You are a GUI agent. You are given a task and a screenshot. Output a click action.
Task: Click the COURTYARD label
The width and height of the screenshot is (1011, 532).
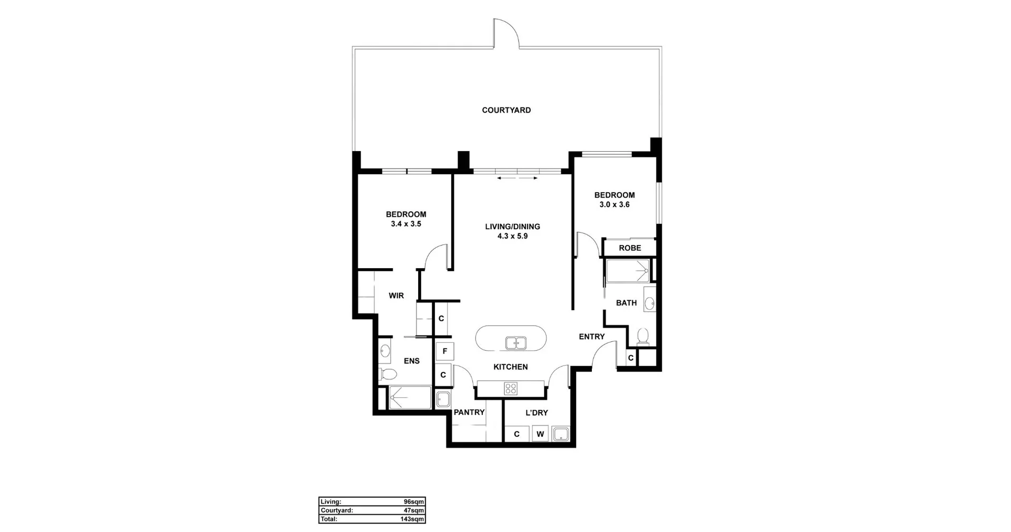coord(506,110)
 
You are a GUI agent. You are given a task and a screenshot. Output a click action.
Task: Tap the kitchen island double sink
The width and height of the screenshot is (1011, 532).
coord(516,343)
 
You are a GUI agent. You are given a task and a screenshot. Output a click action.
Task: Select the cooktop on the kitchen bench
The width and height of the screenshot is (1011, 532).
coord(511,389)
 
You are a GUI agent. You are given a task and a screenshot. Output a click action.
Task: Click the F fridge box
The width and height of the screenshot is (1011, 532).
coord(445,351)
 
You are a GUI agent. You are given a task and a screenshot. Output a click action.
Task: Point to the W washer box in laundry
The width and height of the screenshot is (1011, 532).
coord(540,434)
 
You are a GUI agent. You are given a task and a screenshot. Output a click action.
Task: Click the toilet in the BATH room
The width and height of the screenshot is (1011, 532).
coord(642,336)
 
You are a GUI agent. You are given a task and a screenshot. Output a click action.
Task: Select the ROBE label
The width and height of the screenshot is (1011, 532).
coord(630,248)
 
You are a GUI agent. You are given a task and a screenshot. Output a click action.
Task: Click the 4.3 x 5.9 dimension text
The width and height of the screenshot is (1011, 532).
coord(512,236)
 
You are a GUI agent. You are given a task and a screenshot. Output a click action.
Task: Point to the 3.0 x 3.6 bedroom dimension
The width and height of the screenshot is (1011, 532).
coord(614,204)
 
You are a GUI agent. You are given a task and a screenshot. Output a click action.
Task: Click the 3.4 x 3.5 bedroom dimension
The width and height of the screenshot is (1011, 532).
coord(405,224)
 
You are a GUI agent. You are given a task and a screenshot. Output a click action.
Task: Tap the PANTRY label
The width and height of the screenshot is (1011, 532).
coord(469,412)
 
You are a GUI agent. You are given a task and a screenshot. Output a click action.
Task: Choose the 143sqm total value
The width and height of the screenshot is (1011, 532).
coord(412,519)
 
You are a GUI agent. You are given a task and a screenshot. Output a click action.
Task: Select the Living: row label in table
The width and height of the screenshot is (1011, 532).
coord(331,502)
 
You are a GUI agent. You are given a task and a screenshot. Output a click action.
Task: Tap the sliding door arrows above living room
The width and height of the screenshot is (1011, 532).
coord(517,178)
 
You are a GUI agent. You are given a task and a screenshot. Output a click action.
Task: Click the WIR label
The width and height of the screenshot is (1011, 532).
coord(396,296)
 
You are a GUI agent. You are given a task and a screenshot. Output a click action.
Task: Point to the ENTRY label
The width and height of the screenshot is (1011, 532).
coord(591,337)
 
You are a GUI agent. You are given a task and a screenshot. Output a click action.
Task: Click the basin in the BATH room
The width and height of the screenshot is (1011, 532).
coord(649,303)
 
